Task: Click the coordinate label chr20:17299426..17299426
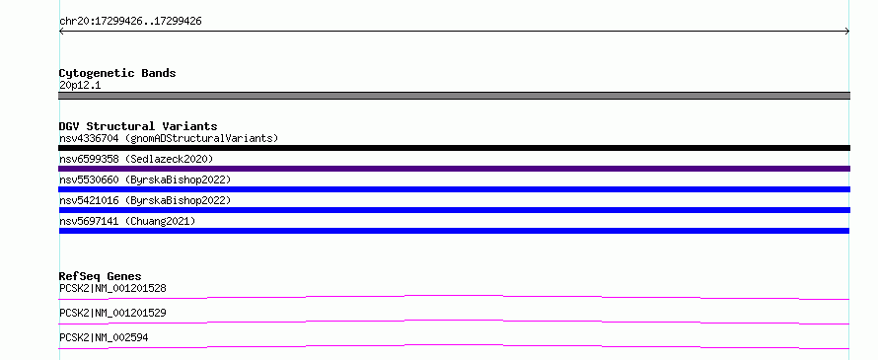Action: click(x=130, y=22)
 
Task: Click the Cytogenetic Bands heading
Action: click(x=117, y=73)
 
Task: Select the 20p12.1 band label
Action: click(x=80, y=86)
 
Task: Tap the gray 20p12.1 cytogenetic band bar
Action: click(x=454, y=96)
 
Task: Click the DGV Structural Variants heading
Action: click(x=138, y=126)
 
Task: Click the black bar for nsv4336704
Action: click(x=454, y=148)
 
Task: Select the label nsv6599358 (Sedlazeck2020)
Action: click(x=136, y=159)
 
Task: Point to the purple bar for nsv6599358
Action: click(x=454, y=169)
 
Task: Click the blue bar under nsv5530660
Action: click(x=454, y=189)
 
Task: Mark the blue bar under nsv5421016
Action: click(x=454, y=210)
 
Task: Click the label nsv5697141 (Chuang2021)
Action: click(x=127, y=221)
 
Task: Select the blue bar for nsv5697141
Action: click(x=454, y=231)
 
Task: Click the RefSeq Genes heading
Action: click(x=101, y=276)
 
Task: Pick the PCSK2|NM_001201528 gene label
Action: click(x=112, y=289)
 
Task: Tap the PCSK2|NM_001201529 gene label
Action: click(x=112, y=313)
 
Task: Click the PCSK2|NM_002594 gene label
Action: click(x=104, y=337)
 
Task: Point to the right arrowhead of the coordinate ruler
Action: click(x=848, y=32)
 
